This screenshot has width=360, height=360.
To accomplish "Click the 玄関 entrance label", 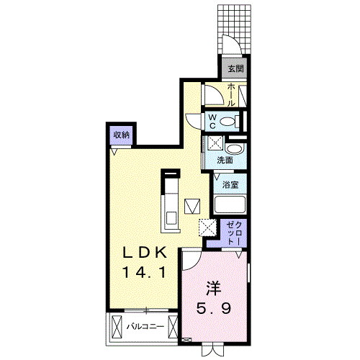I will (x=235, y=69).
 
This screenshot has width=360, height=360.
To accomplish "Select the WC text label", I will (x=213, y=120).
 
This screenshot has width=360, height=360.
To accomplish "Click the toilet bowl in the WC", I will (x=231, y=120).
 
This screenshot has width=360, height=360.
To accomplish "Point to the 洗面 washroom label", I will (x=225, y=161).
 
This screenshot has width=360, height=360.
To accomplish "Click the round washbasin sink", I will (x=240, y=150).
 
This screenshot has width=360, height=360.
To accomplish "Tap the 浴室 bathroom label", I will (x=230, y=185).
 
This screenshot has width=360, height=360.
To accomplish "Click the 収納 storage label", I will (x=121, y=135).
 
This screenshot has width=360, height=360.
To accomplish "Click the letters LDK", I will (x=143, y=253).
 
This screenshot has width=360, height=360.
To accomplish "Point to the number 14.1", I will (x=143, y=273).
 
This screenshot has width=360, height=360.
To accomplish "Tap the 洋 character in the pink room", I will (x=213, y=289).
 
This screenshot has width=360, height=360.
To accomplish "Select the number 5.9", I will (x=215, y=310).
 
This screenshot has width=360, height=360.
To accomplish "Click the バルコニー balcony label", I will (x=145, y=326).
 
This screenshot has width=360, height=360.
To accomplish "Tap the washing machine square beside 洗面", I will (x=215, y=143).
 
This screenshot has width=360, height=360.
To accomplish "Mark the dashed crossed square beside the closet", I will (x=207, y=227).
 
